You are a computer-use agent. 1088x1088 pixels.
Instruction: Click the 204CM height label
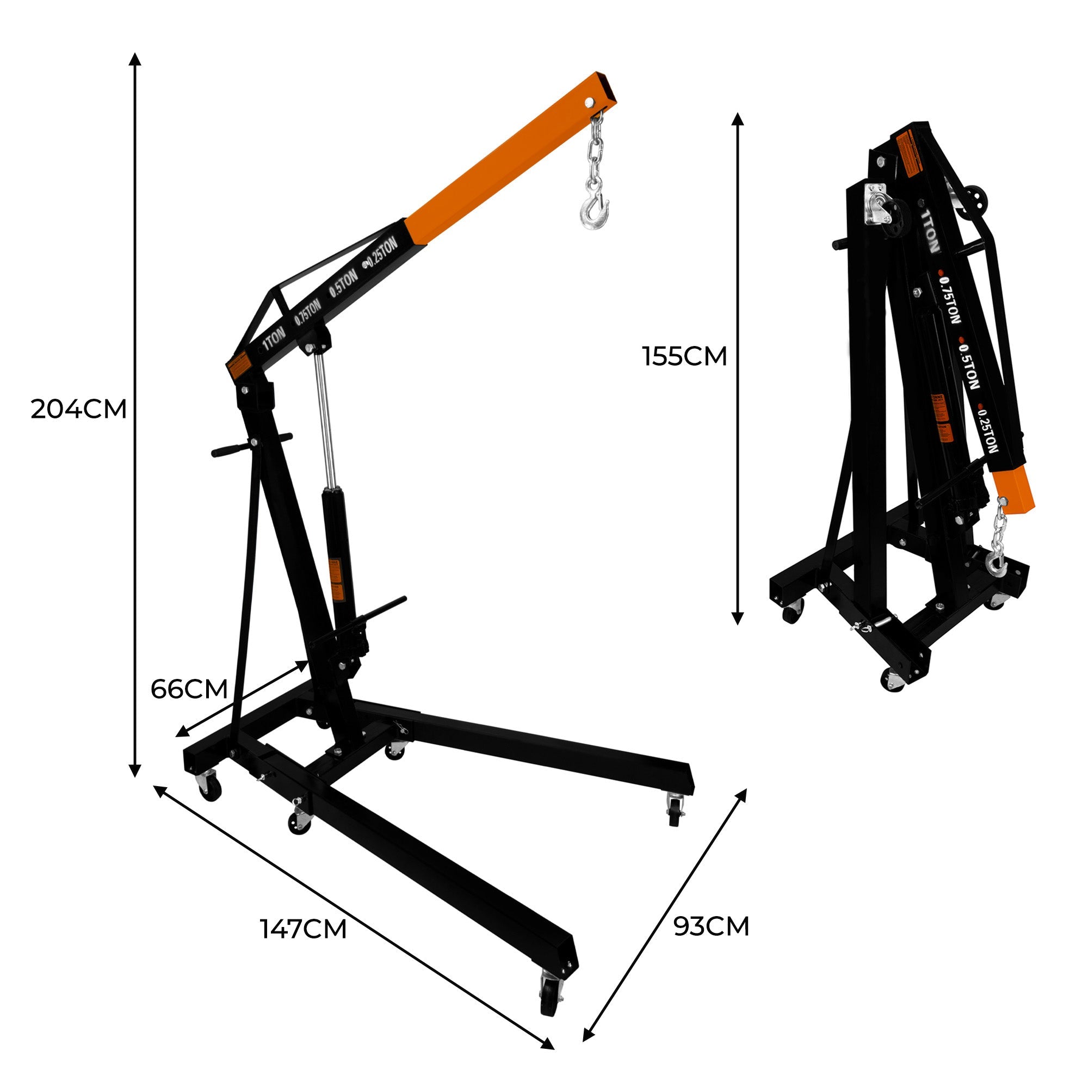[78, 410]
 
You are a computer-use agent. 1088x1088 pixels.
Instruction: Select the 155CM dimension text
[684, 356]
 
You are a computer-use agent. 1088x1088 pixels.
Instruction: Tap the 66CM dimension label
[189, 689]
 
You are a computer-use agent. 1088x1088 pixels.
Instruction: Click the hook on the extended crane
[593, 211]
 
